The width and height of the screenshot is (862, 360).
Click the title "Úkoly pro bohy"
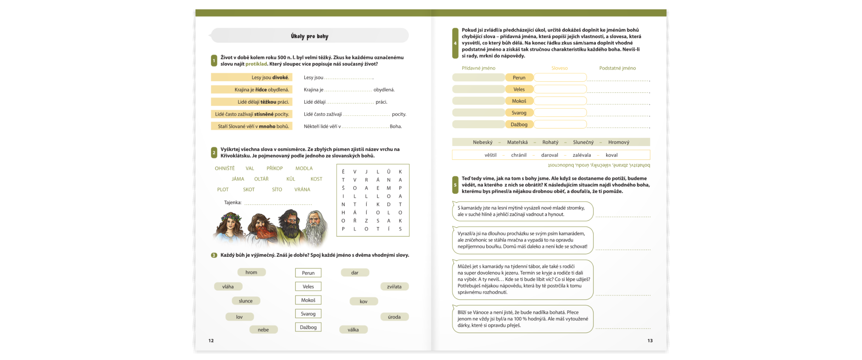[x=310, y=36]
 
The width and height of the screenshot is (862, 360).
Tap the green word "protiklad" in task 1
[x=256, y=64]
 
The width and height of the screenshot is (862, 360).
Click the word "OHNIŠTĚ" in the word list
[x=225, y=168]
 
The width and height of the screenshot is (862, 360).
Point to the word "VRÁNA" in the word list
[x=302, y=189]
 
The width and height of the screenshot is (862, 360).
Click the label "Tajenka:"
[x=232, y=202]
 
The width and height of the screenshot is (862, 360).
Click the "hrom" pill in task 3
[x=251, y=272]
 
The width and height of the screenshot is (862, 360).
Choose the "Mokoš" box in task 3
[x=308, y=300]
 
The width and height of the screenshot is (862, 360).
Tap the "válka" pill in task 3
[x=353, y=330]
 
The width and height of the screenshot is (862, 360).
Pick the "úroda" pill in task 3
[x=394, y=317]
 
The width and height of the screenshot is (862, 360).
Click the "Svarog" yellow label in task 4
[x=519, y=113]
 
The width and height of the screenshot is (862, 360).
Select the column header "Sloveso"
[x=559, y=68]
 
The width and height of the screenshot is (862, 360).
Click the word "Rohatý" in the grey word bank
[x=550, y=142]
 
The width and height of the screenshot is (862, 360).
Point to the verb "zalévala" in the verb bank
[x=582, y=155]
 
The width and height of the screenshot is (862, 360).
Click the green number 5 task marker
[x=455, y=185]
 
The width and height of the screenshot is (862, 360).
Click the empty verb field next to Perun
[x=560, y=78]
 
